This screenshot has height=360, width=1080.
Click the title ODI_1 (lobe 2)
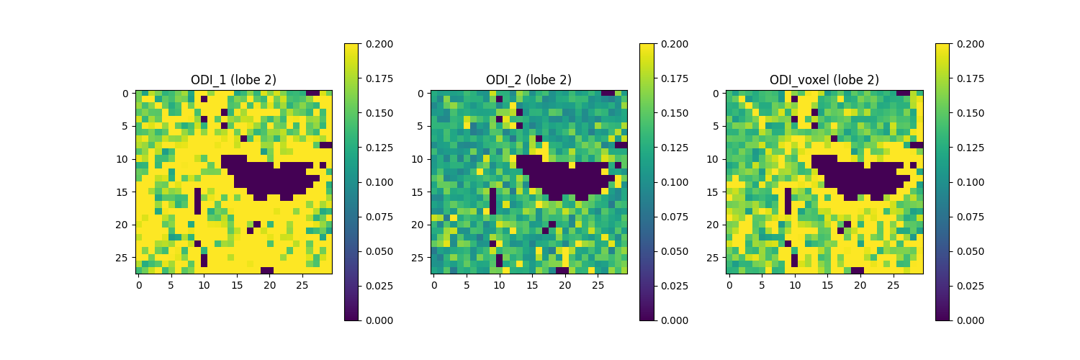coord(233,80)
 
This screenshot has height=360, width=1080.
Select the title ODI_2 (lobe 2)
coord(528,80)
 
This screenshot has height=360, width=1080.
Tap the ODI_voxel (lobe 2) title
coord(824,80)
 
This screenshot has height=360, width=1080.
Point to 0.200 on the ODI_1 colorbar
coord(379,44)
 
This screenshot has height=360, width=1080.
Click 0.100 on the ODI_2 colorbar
coord(675,182)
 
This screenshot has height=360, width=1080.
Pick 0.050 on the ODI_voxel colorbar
coord(971,251)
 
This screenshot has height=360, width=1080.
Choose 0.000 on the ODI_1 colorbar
coord(379,320)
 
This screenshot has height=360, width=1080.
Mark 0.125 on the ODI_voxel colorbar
coord(971,148)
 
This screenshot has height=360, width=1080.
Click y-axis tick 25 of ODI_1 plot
coord(125,257)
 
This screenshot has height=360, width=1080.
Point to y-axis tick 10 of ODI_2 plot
coord(420,159)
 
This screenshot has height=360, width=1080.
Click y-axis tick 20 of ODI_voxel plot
coord(716,225)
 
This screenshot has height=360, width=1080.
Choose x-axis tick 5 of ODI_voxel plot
coord(762,285)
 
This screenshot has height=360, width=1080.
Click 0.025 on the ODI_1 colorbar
coord(379,286)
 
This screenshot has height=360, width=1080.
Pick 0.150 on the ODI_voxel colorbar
coord(971,113)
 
